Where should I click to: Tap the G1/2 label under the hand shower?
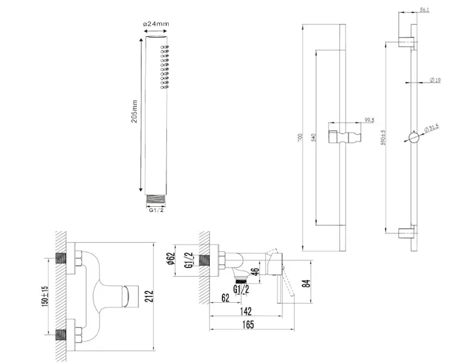tap(157, 210)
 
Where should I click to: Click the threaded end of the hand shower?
tap(157, 198)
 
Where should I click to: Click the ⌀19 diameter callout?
tap(435, 80)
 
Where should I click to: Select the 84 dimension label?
tap(307, 282)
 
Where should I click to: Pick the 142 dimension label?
tap(245, 311)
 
